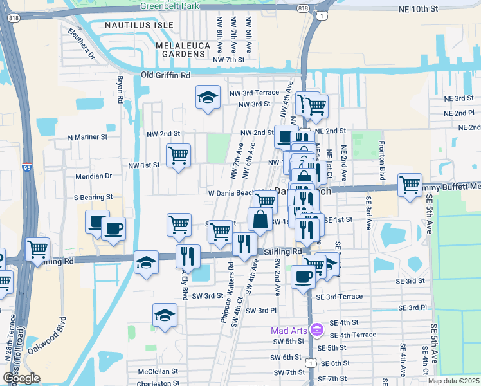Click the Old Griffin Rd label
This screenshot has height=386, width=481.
[x=166, y=75]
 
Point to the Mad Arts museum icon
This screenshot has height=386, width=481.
[x=316, y=330]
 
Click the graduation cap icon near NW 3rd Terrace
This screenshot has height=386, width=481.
[x=207, y=98]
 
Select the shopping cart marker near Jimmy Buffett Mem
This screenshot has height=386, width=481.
[x=410, y=185]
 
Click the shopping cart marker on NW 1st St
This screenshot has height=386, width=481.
[x=178, y=155]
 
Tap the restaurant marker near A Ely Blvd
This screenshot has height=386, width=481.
[x=188, y=256]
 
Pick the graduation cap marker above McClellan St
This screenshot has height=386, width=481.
[x=165, y=315]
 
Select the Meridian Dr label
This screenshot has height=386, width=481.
[x=94, y=176]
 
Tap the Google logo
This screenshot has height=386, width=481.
[x=21, y=378]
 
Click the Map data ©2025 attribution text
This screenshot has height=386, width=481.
[x=453, y=381]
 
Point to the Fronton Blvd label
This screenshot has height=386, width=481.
[x=382, y=160]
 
